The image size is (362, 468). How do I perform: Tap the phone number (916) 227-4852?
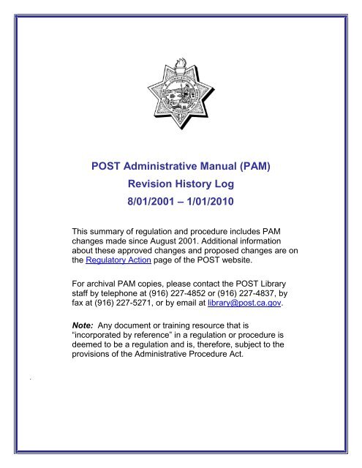[188, 298]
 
